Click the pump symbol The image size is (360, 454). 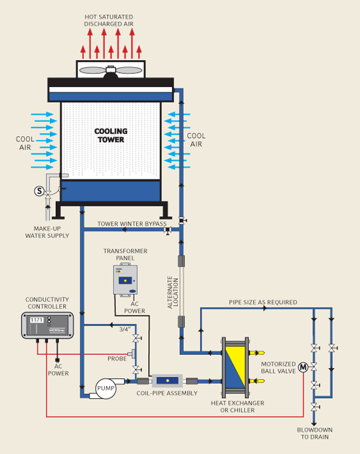tap(106, 389)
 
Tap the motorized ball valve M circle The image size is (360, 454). tap(303, 367)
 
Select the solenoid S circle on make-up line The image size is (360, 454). tap(40, 191)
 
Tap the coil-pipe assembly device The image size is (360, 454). tap(167, 381)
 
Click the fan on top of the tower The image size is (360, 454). tap(110, 70)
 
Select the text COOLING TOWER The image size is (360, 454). tap(110, 135)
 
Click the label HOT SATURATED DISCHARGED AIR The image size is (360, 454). tap(109, 20)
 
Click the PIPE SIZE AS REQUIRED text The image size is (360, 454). tap(263, 302)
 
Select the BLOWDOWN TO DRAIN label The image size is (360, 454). tap(314, 434)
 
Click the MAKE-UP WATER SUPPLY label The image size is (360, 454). tap(47, 231)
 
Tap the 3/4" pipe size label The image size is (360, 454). tap(124, 329)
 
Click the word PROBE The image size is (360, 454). tap(117, 359)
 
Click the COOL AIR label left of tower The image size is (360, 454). tap(25, 143)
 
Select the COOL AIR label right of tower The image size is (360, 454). tap(196, 140)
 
